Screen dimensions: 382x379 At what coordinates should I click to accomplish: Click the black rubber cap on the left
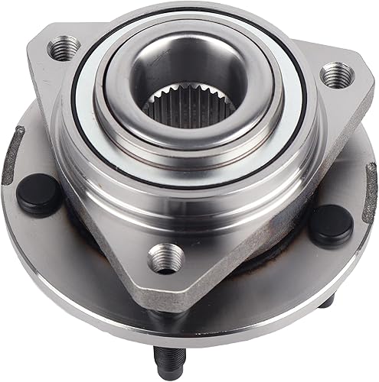39,194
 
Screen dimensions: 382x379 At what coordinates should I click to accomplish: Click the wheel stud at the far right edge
371,183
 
